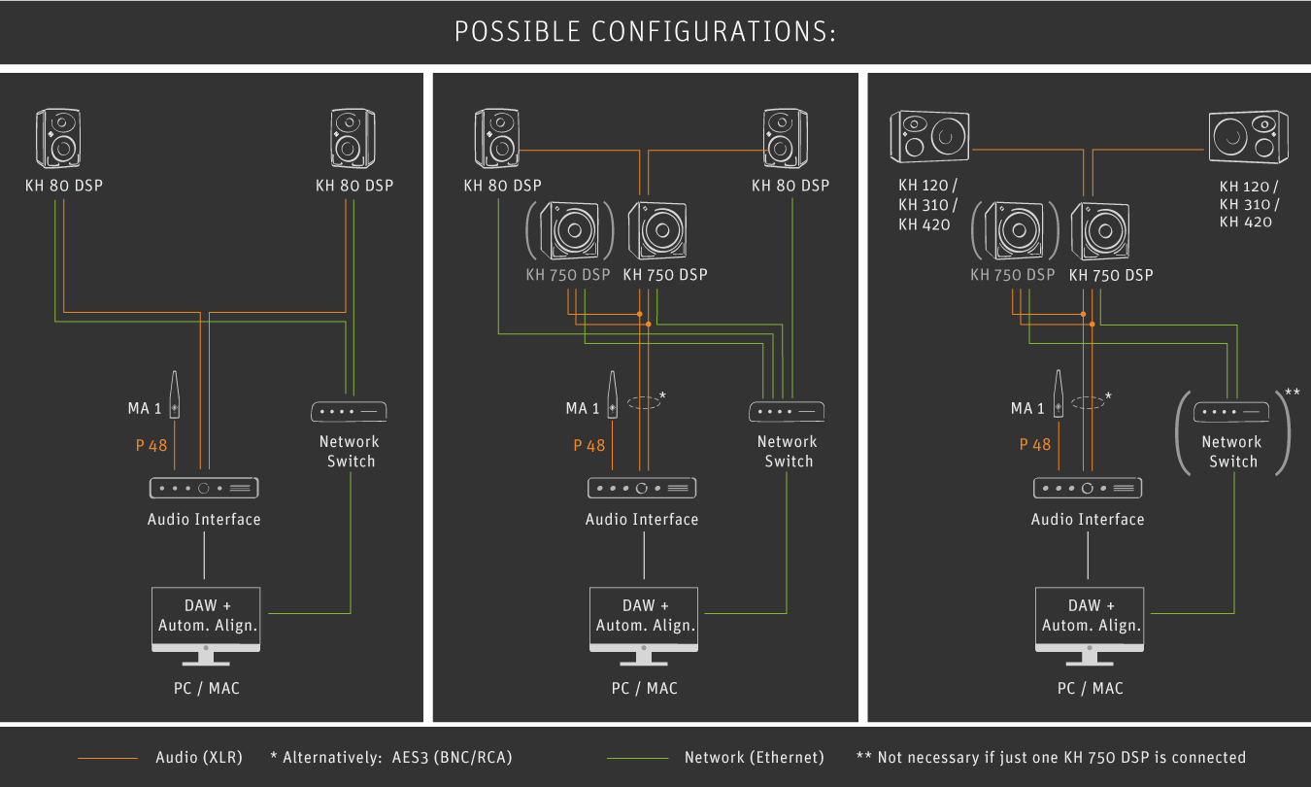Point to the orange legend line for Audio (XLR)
(108, 758)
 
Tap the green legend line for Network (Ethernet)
(637, 758)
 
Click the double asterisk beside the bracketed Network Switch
(1292, 393)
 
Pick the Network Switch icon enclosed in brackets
(1232, 412)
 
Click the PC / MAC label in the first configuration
(204, 688)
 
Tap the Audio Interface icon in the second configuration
(642, 487)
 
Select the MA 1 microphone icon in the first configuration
(175, 395)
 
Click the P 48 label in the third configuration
(1035, 445)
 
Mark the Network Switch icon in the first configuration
(351, 412)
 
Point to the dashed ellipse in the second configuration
(643, 401)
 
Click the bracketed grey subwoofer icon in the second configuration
(569, 232)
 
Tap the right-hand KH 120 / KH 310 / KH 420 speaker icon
(1248, 137)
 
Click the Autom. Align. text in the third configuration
(1092, 626)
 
